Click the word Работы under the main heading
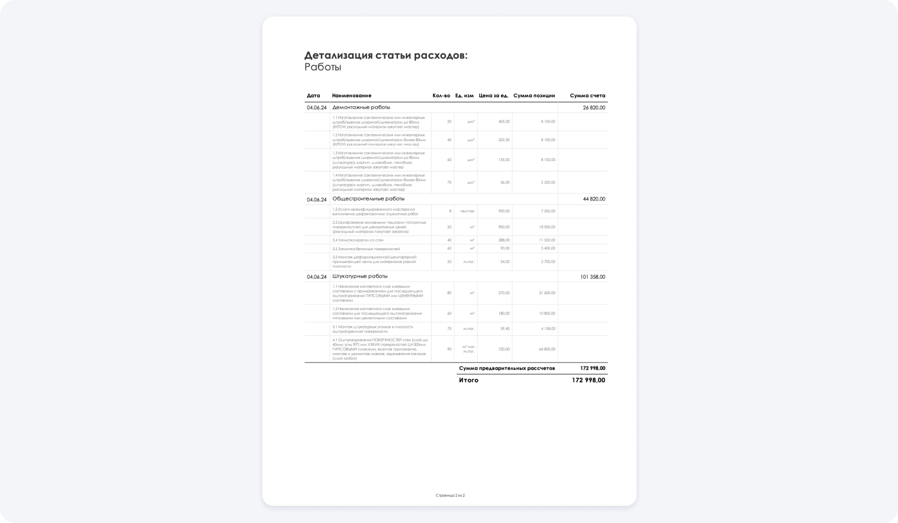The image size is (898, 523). (323, 67)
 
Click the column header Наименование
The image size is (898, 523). (352, 96)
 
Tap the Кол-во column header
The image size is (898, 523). (441, 96)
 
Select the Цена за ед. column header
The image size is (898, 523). (493, 96)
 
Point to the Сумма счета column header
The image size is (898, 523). (587, 96)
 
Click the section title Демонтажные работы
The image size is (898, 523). (361, 107)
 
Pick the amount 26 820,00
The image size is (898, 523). (594, 107)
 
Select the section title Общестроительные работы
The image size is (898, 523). (368, 199)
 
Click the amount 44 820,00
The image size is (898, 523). (594, 199)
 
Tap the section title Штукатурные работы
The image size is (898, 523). (360, 276)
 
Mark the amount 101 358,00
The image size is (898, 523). (592, 277)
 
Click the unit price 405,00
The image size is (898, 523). (504, 121)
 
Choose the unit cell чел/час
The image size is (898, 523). (467, 211)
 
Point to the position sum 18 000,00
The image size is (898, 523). (547, 227)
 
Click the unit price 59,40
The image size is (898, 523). (505, 329)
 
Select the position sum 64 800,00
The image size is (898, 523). (547, 349)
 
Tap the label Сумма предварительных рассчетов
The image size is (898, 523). (507, 368)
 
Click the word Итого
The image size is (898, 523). (469, 380)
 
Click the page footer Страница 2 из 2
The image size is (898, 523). (450, 496)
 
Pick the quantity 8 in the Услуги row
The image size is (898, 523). (450, 211)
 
